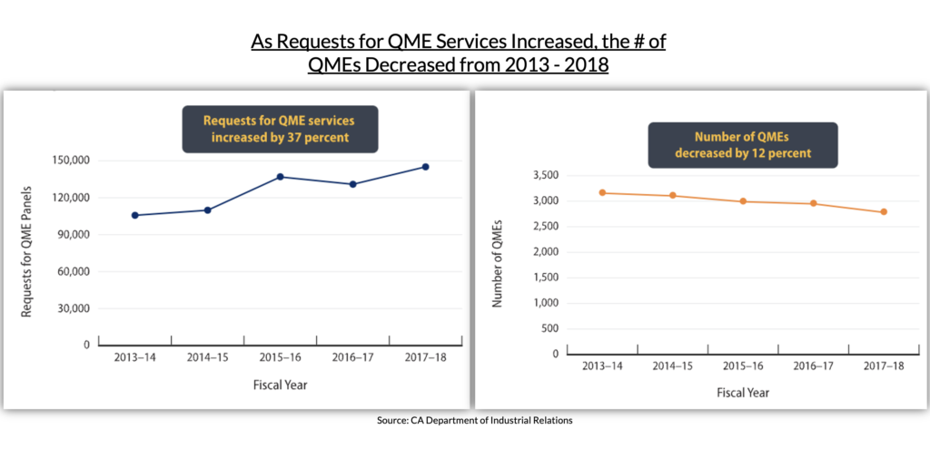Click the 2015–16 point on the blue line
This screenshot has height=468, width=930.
280,177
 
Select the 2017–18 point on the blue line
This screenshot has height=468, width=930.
425,167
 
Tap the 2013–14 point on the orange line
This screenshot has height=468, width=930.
601,192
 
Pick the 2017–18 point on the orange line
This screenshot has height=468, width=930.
884,212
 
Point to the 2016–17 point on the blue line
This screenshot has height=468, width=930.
352,184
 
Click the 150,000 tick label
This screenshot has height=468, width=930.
70,161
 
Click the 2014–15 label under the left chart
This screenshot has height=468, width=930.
208,357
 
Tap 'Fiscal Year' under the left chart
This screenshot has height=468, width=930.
280,385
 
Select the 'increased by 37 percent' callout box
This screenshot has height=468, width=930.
280,129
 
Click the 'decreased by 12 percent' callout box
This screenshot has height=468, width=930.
742,145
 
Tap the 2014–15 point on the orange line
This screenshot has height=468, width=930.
672,195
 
